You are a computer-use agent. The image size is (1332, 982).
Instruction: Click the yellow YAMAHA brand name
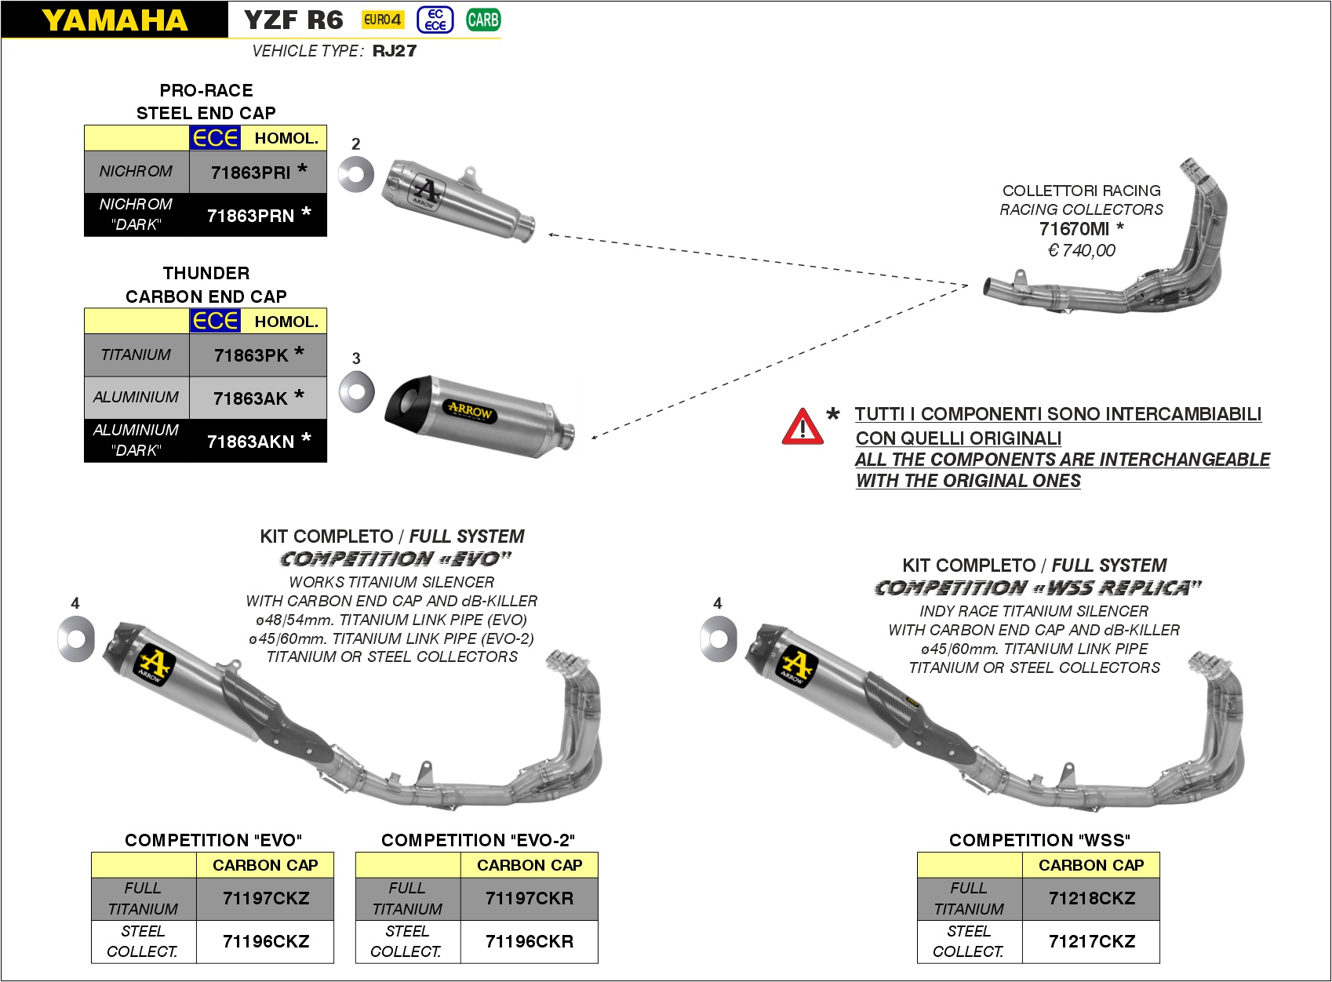coord(115,20)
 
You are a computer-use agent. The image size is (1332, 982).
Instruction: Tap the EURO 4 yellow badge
coord(383,20)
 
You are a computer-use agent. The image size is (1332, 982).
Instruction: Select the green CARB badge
coord(482,20)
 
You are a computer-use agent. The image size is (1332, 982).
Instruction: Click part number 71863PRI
coord(251,173)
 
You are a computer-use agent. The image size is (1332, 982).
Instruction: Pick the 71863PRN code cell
coord(251,216)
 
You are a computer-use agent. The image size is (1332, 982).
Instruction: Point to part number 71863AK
coord(251,398)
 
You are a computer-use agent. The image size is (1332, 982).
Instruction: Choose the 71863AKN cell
coord(251,442)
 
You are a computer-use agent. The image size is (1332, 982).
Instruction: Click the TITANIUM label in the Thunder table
coord(136,355)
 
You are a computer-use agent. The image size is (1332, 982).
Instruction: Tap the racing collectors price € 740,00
coord(1081,250)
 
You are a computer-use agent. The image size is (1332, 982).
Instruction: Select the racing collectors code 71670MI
coord(1074,229)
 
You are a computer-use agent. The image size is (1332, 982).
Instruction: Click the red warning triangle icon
coord(802,427)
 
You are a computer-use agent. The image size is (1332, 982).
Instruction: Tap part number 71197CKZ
coord(266,898)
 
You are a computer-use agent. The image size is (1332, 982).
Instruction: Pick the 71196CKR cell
coord(530,941)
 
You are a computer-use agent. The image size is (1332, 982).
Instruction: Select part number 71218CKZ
coord(1092,898)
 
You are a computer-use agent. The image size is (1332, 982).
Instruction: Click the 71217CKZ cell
coord(1092,941)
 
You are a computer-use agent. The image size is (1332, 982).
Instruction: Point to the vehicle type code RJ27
coord(395,51)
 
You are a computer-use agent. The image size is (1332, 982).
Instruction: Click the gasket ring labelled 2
coord(356,173)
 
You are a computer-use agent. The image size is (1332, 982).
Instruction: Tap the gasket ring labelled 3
coord(356,391)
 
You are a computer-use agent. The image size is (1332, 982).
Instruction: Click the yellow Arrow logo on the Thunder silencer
coord(469,410)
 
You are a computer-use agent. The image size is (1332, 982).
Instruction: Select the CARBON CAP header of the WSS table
coord(1091,865)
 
